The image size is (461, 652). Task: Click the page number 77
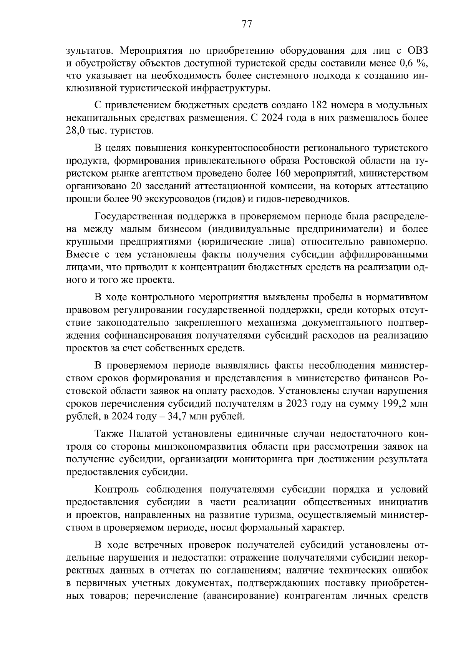[x=246, y=25]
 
